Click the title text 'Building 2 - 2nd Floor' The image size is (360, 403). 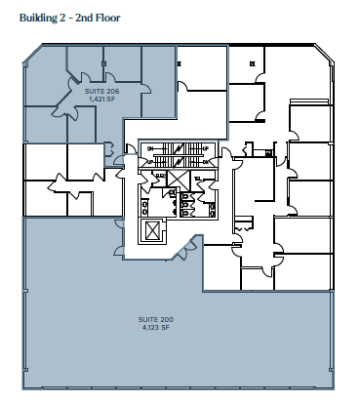coord(68,18)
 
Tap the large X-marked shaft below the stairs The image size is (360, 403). coord(178,179)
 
